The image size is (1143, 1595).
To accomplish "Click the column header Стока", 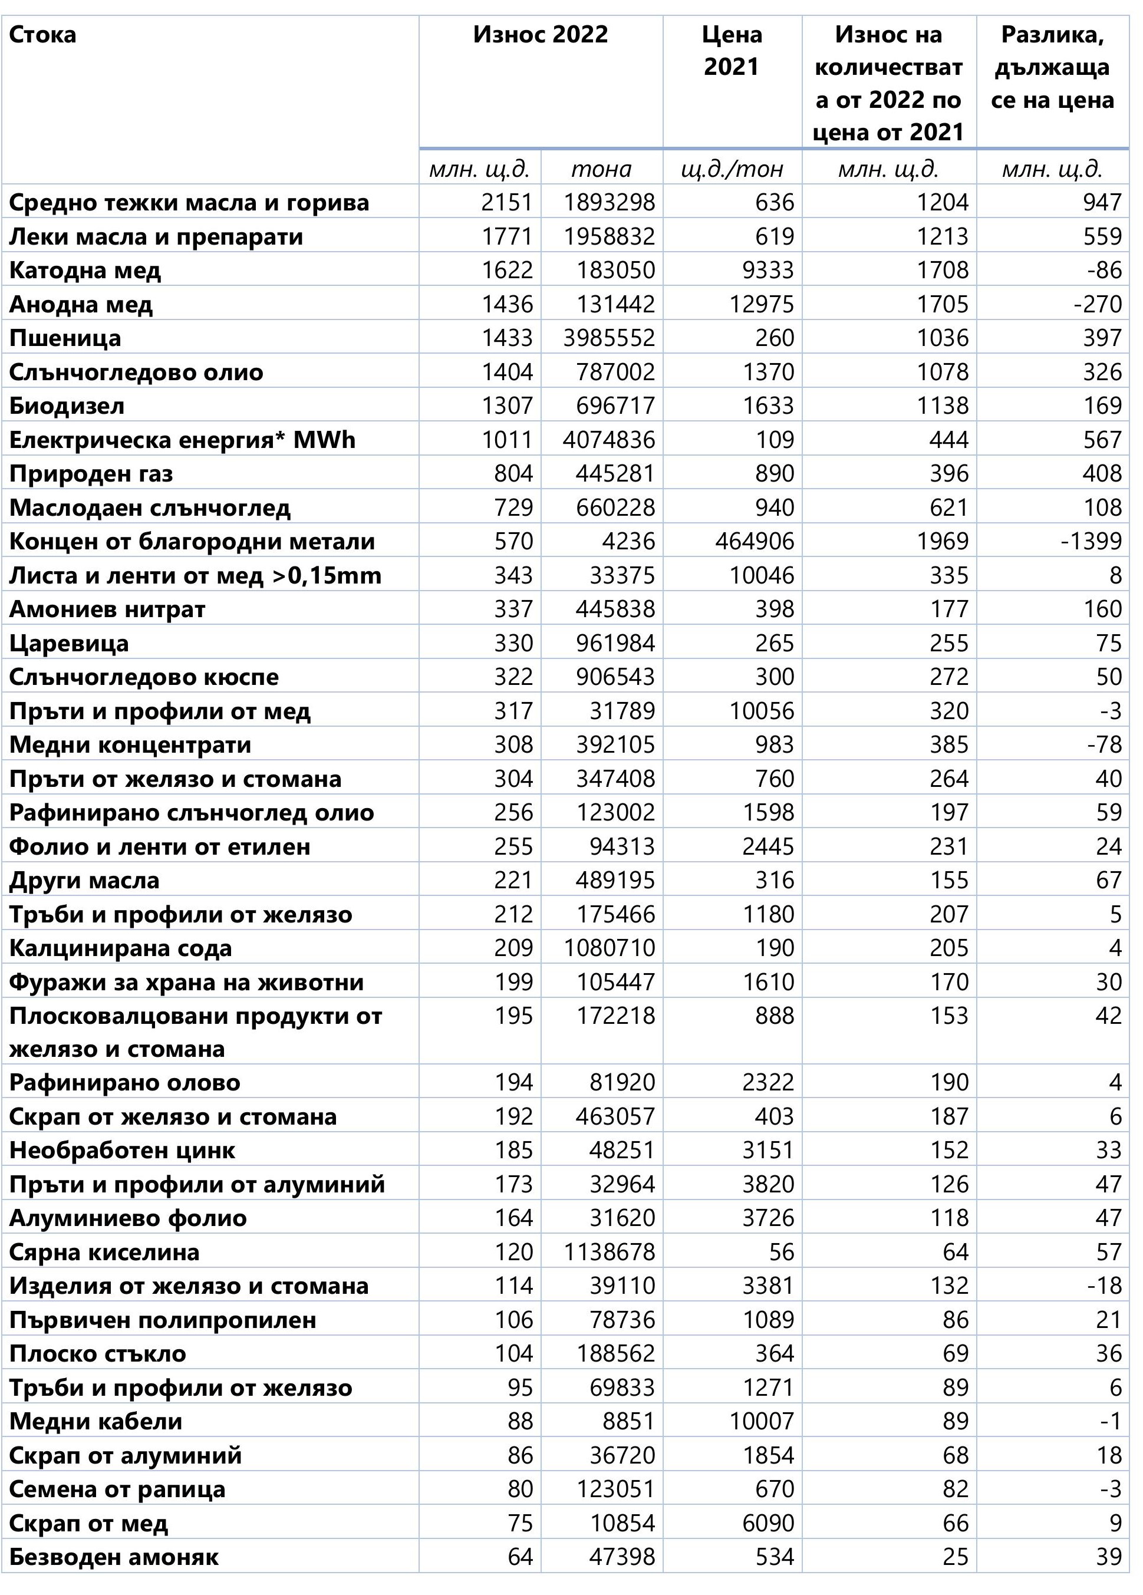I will click(x=43, y=34).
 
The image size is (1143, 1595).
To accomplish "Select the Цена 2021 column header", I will click(x=732, y=51).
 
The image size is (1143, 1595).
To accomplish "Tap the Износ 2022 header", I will click(x=540, y=34).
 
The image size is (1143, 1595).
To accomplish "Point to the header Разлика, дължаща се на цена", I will click(x=1052, y=68).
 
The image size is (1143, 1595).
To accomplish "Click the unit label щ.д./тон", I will click(x=732, y=169).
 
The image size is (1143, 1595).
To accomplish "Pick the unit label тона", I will click(x=601, y=169).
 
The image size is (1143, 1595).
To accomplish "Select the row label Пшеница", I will click(x=65, y=338).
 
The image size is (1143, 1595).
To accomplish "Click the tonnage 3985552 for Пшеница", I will click(x=609, y=338).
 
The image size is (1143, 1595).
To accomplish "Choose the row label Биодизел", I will click(x=67, y=406).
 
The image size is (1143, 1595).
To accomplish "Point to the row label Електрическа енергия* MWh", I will click(x=182, y=440).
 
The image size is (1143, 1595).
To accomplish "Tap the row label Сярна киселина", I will click(x=104, y=1253).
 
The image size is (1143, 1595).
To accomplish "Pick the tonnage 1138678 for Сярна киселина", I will click(x=609, y=1253).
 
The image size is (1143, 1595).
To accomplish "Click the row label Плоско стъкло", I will click(x=98, y=1354).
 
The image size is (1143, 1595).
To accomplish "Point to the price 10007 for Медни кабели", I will click(x=762, y=1421).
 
